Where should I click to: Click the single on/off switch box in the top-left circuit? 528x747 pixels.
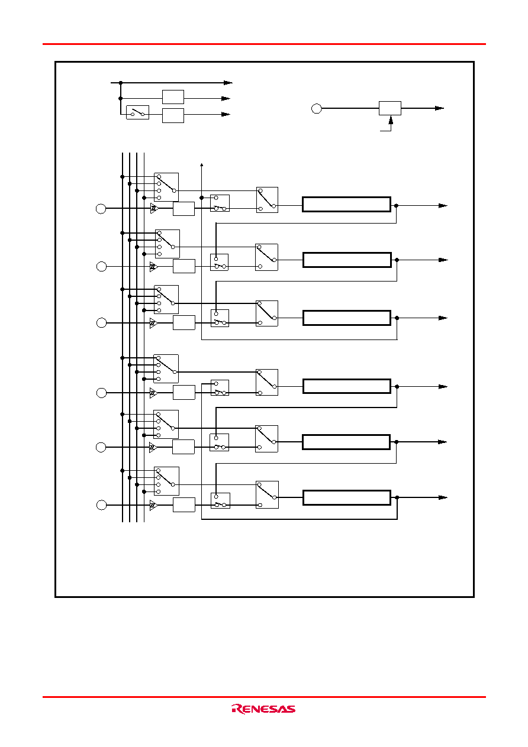[x=137, y=112]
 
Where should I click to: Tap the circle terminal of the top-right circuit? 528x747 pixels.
[x=317, y=108]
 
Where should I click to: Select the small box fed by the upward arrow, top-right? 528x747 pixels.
[x=390, y=108]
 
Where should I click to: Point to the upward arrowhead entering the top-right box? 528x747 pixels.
[x=391, y=119]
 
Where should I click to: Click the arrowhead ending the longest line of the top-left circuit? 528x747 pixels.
[x=228, y=83]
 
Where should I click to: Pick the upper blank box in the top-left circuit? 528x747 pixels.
[x=173, y=97]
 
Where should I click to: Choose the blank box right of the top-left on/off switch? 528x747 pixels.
[x=173, y=115]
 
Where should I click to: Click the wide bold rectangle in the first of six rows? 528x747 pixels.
[x=346, y=204]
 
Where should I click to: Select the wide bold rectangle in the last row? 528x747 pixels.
[x=347, y=497]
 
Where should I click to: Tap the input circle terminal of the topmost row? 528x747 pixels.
[x=101, y=209]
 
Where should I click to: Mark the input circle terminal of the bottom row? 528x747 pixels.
[x=101, y=505]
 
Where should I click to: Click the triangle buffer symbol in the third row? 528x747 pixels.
[x=153, y=323]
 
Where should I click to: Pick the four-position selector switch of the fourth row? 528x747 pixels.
[x=166, y=368]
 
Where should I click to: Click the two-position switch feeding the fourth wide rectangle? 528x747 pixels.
[x=267, y=382]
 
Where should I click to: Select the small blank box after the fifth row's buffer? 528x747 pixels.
[x=183, y=447]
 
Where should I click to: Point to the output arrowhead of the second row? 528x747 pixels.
[x=443, y=260]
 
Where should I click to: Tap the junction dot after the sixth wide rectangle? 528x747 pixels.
[x=397, y=497]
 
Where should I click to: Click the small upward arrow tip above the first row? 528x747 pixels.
[x=202, y=164]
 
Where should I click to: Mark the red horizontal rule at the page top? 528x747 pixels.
[x=264, y=44]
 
